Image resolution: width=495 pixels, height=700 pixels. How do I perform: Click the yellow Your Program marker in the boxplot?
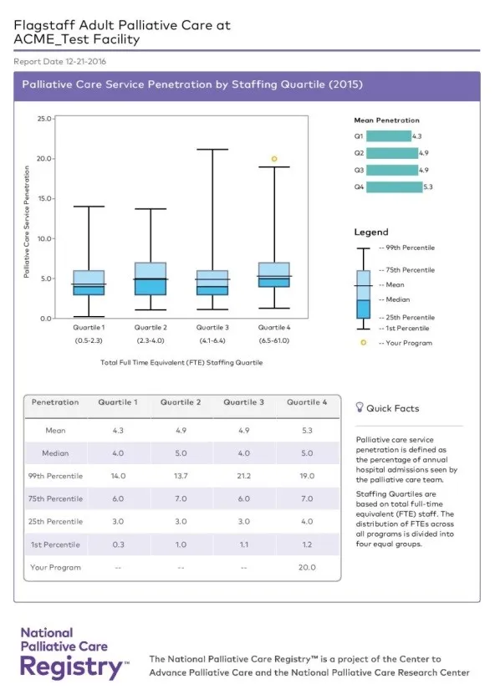(x=274, y=159)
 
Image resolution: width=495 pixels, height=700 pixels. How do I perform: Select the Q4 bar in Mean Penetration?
(x=394, y=187)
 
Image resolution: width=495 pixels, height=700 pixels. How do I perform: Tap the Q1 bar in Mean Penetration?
(x=389, y=136)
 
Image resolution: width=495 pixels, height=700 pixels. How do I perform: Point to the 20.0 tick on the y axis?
(x=44, y=158)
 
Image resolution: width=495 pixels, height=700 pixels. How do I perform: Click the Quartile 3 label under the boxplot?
(x=212, y=327)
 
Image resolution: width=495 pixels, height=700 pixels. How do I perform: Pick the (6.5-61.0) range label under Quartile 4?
(x=274, y=340)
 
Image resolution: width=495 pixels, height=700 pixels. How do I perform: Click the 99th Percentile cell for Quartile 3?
(x=243, y=476)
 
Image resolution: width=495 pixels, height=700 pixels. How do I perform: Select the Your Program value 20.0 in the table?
(x=307, y=567)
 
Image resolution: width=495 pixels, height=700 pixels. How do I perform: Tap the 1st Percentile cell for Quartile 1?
(x=118, y=544)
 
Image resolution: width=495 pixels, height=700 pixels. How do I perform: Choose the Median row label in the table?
(x=55, y=453)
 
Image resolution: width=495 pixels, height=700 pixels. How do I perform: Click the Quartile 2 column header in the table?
(x=181, y=402)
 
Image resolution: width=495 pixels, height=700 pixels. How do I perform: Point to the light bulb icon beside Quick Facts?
(x=360, y=407)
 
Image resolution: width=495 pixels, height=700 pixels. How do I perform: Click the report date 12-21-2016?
(x=85, y=62)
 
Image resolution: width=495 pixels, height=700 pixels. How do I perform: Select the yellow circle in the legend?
(x=364, y=343)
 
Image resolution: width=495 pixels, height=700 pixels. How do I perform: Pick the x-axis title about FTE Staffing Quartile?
(x=181, y=362)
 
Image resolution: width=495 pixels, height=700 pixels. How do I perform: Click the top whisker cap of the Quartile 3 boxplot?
(x=212, y=150)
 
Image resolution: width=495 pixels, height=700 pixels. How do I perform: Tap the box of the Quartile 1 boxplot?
(x=89, y=283)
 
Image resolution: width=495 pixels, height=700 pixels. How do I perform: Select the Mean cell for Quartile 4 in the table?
(x=307, y=431)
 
